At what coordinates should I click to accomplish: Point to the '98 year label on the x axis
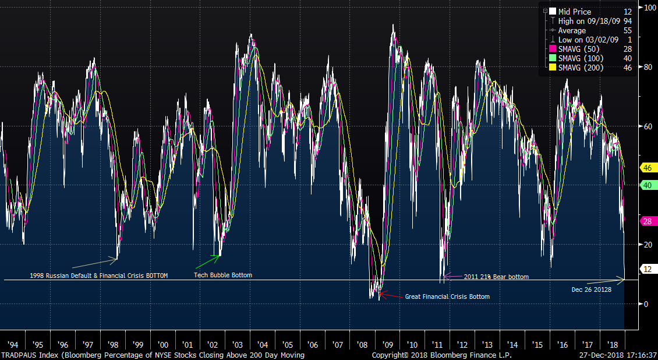(114, 344)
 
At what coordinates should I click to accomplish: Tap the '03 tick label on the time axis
(239, 344)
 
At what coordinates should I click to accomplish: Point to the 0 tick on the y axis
(646, 304)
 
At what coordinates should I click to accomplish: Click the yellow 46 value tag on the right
(648, 168)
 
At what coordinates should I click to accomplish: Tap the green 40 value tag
(648, 185)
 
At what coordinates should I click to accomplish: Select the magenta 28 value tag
(648, 221)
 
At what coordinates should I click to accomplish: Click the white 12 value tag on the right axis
(648, 269)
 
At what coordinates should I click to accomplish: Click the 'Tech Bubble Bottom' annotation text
(223, 275)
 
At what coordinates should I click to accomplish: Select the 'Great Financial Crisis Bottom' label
(447, 297)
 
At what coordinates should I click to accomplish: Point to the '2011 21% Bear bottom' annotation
(496, 277)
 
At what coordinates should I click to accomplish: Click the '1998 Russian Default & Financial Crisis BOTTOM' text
(98, 276)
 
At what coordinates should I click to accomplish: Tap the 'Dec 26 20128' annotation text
(591, 289)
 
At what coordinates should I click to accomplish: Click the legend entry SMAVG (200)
(581, 68)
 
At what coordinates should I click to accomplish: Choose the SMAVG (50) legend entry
(581, 49)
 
